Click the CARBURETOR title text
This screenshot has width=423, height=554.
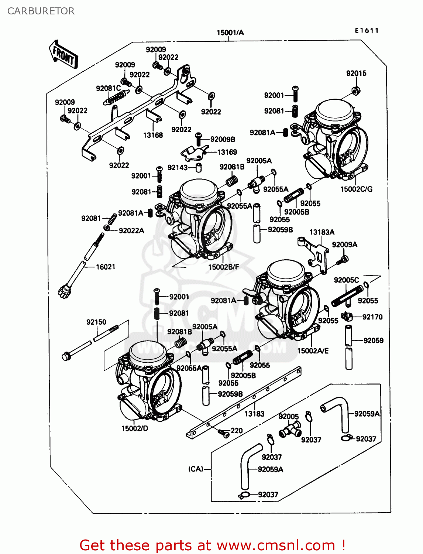(41, 11)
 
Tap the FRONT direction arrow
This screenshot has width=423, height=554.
(63, 55)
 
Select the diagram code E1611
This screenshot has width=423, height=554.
(367, 31)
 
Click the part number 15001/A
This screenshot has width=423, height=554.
(230, 33)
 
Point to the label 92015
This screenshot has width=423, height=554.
(356, 73)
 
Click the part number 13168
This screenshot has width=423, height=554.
(153, 135)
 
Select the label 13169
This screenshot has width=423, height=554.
(227, 152)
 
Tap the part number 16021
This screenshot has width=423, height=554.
(106, 267)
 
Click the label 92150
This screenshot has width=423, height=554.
(96, 322)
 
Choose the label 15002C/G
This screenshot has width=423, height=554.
(356, 189)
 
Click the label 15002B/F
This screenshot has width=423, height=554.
(224, 267)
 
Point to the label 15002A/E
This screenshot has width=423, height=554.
(313, 351)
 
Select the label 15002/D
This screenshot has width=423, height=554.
(135, 428)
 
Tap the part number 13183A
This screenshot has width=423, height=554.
(322, 232)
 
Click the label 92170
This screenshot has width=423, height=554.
(372, 317)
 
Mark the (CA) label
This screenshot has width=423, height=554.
(196, 469)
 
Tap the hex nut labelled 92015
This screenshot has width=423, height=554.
(355, 90)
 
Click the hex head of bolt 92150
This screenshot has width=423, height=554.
(66, 357)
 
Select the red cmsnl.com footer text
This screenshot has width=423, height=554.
(212, 545)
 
